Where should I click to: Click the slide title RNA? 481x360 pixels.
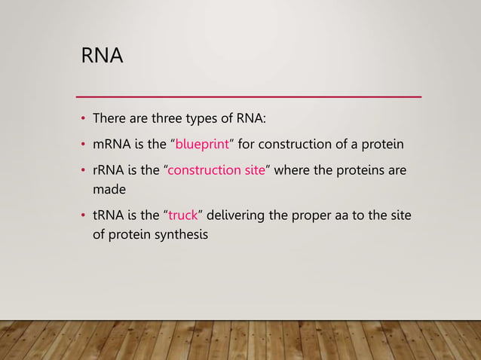[x=102, y=56]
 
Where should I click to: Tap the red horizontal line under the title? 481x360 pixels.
[x=250, y=96]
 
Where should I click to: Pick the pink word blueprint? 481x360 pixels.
[x=201, y=145]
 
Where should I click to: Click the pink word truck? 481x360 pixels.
[x=182, y=217]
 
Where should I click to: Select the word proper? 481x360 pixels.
[x=316, y=217]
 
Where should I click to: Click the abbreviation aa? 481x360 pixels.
[x=347, y=217]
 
